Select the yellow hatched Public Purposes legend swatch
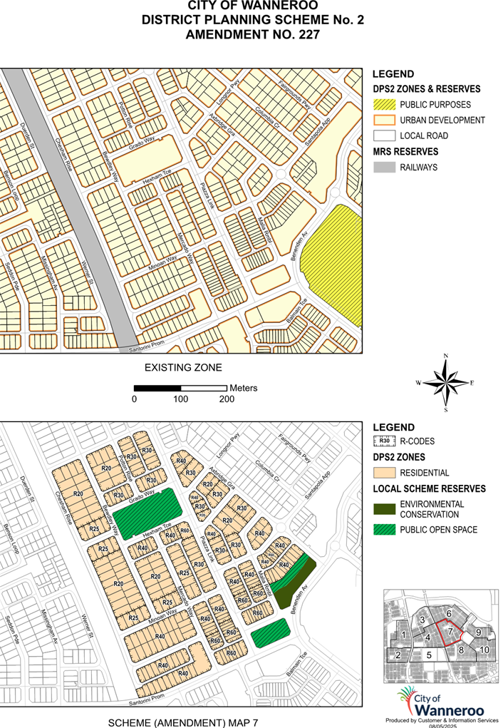click(x=385, y=104)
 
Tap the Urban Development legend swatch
click(x=385, y=120)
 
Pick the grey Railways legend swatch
click(x=385, y=168)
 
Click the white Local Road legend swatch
click(x=385, y=135)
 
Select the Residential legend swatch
click(x=385, y=473)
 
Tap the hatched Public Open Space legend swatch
click(x=385, y=530)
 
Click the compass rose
click(x=445, y=383)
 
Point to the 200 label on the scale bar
click(x=226, y=399)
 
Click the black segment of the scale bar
click(x=157, y=388)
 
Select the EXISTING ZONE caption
click(x=183, y=368)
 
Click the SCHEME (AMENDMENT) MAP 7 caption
click(x=182, y=722)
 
